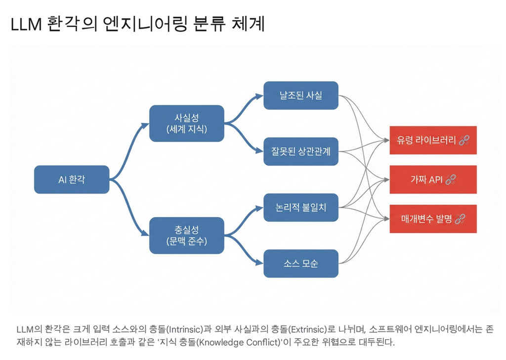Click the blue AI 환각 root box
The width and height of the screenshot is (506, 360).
point(71,180)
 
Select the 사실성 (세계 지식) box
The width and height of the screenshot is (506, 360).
point(187,123)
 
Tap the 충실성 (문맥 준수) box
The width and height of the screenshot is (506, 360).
point(187,235)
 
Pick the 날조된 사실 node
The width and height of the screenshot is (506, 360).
point(300,95)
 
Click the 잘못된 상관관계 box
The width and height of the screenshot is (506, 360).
point(300,151)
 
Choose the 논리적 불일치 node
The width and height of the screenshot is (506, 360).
point(300,207)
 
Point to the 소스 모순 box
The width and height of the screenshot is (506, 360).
point(300,263)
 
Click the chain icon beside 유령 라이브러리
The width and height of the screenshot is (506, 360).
point(464,140)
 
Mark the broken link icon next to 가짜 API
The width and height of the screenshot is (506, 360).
point(450,180)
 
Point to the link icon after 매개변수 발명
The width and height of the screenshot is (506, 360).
point(460,219)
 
